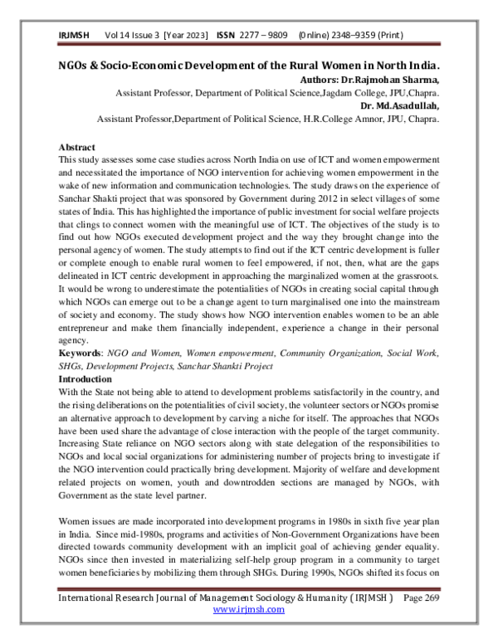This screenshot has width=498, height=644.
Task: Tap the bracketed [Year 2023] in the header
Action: pos(188,36)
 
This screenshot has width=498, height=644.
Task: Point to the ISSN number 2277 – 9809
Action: pos(264,36)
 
